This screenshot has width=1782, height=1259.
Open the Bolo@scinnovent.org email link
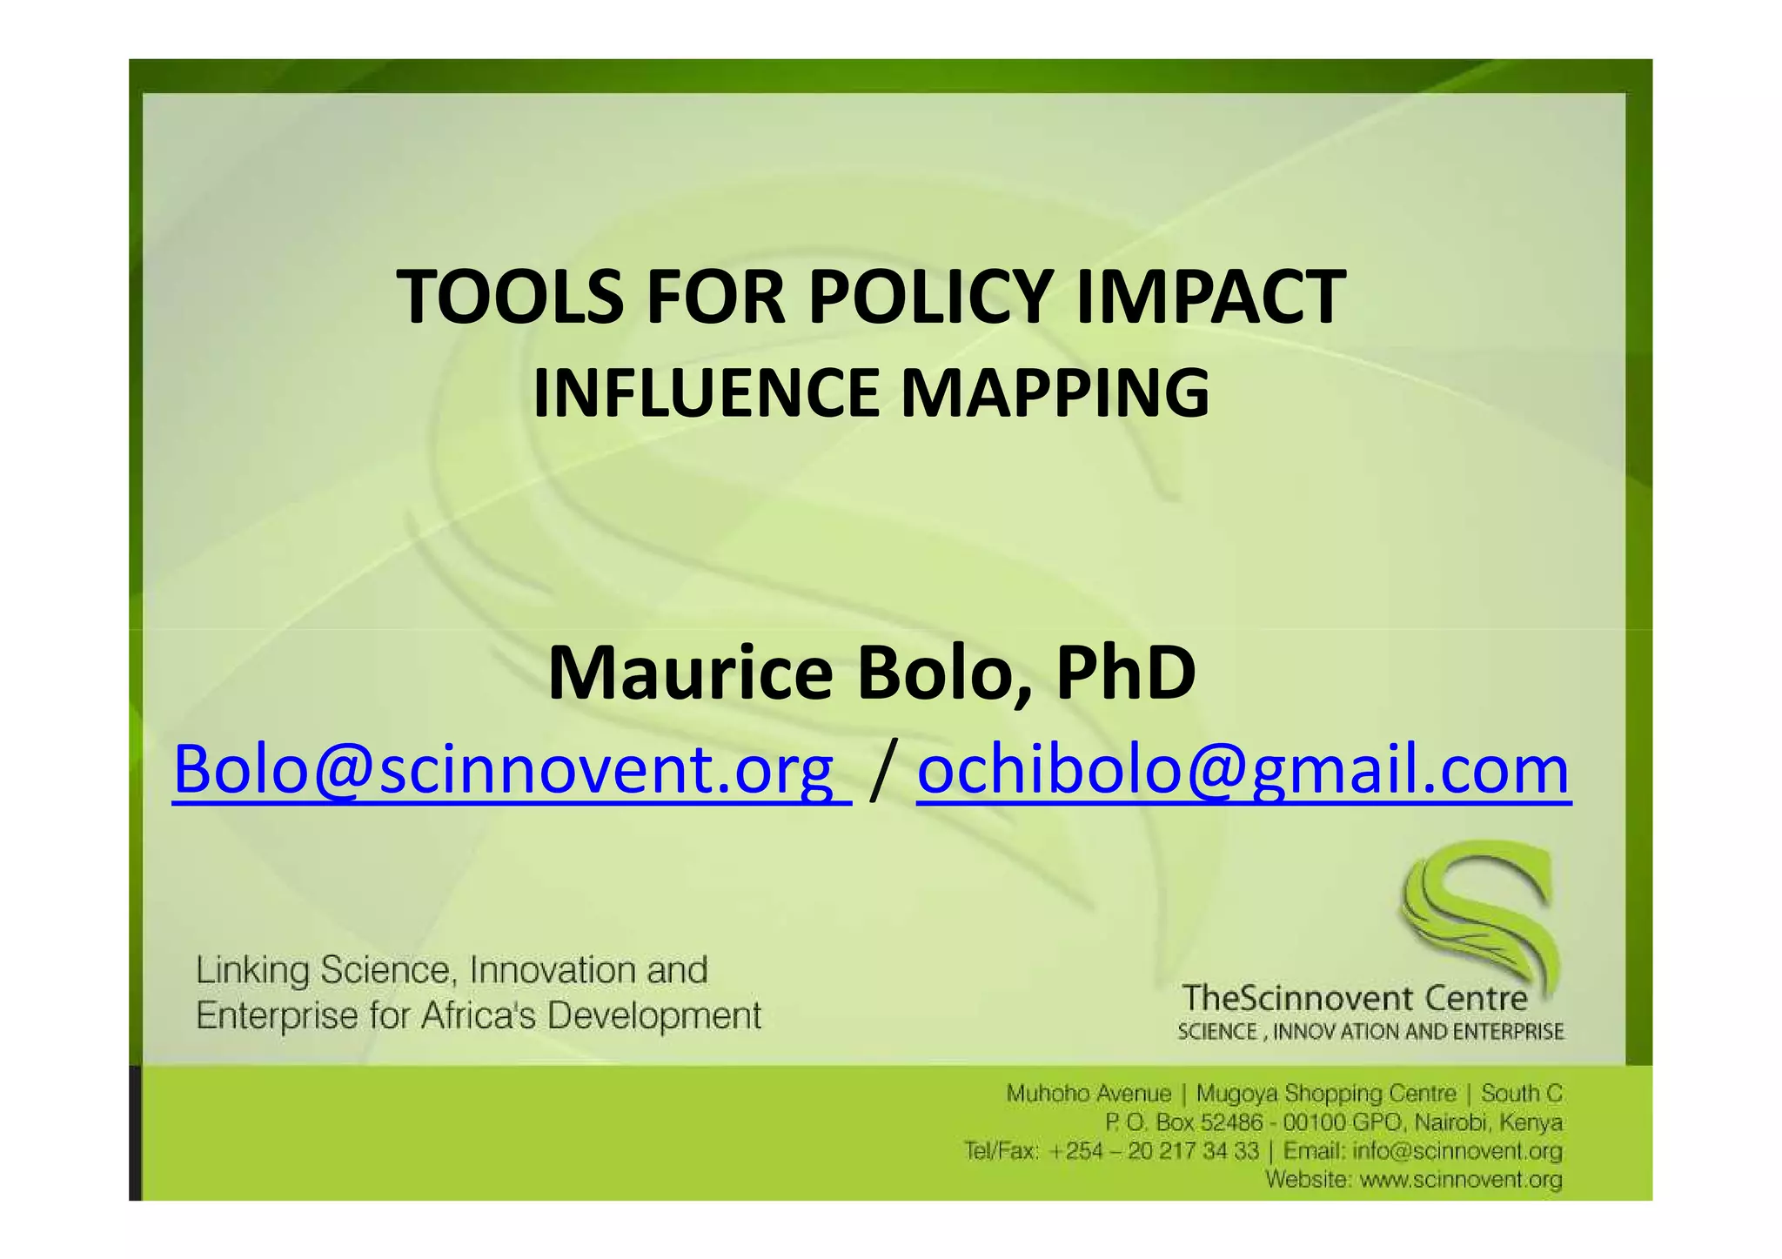pyautogui.click(x=511, y=770)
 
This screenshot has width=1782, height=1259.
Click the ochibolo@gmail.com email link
pyautogui.click(x=1243, y=770)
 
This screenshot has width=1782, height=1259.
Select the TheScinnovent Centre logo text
pyautogui.click(x=1355, y=998)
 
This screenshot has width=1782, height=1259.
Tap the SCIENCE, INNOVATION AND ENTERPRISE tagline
pyautogui.click(x=1370, y=1032)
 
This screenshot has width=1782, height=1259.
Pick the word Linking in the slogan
pyautogui.click(x=252, y=970)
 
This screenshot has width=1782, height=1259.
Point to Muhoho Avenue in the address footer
pyautogui.click(x=1089, y=1093)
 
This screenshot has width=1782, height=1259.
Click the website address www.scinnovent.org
pyautogui.click(x=1461, y=1180)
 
